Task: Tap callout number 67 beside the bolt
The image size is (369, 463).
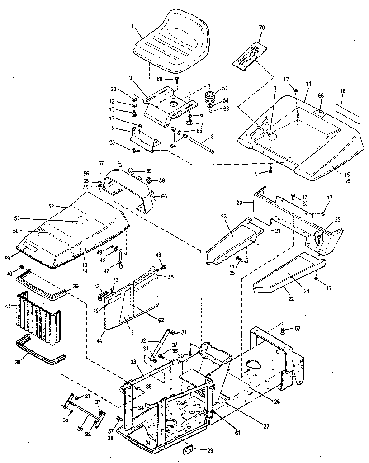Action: pyautogui.click(x=297, y=329)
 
